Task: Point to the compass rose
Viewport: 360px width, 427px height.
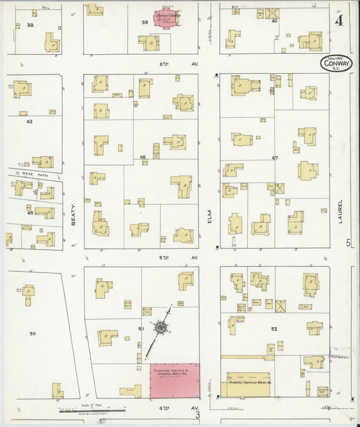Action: (x=161, y=328)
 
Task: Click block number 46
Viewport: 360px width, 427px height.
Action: (x=143, y=157)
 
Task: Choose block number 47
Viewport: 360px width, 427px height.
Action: (x=275, y=157)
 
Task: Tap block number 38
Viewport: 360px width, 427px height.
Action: (x=30, y=25)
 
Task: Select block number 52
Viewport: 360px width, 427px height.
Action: (x=274, y=329)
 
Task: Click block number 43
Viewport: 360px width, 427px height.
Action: (x=29, y=122)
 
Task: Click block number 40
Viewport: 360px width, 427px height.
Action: (x=274, y=21)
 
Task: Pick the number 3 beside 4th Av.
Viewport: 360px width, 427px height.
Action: (x=197, y=414)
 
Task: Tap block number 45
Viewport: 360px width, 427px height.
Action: (x=30, y=213)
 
